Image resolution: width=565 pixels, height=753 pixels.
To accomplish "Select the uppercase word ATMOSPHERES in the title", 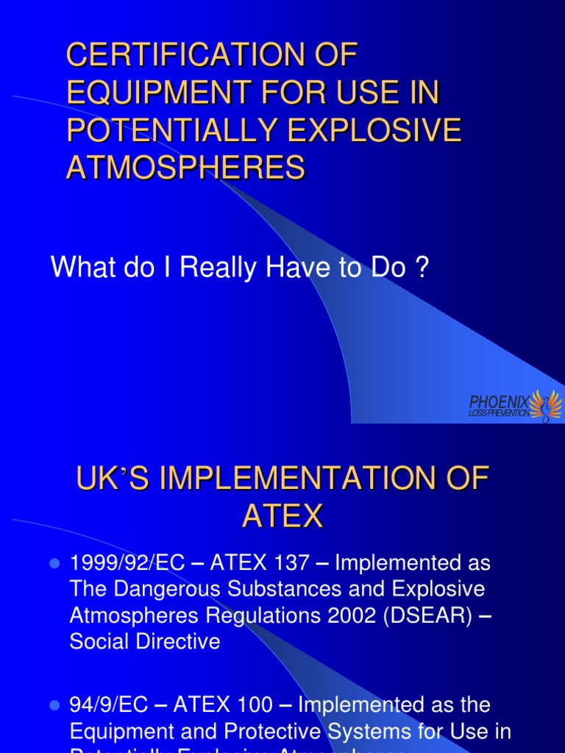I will click(x=185, y=168).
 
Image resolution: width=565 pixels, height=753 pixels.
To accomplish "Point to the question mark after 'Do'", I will click(x=422, y=268).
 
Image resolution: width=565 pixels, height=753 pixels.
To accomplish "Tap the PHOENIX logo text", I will click(x=499, y=402).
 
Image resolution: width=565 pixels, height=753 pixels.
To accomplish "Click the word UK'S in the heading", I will click(x=113, y=479).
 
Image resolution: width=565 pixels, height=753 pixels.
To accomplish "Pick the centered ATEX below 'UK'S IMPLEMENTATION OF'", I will click(x=282, y=517).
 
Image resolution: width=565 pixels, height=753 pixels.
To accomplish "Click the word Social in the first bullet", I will click(x=102, y=640).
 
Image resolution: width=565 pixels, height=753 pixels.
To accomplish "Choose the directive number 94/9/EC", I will click(x=110, y=705).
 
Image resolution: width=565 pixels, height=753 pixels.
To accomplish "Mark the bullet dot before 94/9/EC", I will click(x=54, y=706).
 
